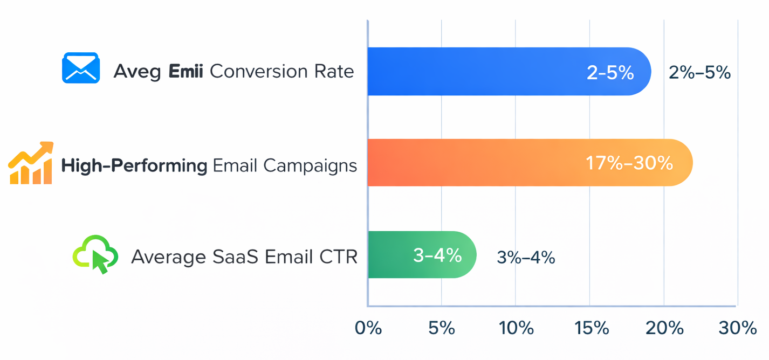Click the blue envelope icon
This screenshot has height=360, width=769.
click(81, 68)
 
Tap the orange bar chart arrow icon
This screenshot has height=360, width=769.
click(31, 163)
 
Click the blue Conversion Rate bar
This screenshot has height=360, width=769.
click(485, 71)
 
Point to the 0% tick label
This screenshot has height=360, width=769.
click(368, 328)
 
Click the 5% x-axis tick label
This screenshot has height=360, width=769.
click(442, 328)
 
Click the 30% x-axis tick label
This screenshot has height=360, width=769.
click(737, 328)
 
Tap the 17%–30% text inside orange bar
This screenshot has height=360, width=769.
click(629, 163)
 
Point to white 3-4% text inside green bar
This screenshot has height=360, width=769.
click(437, 255)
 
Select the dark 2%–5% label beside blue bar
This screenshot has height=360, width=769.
click(699, 72)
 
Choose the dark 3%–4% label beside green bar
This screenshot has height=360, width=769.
click(526, 258)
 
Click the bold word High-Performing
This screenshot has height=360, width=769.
click(134, 165)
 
